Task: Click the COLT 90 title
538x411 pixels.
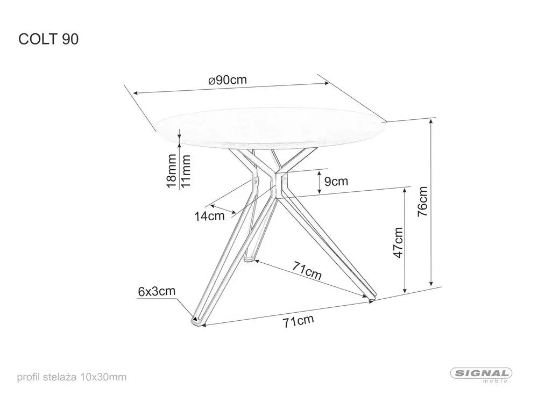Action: coord(48,40)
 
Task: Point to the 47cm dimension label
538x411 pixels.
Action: coord(397,242)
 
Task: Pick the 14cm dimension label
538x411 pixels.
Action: coord(209,216)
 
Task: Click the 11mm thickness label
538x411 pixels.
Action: coord(186,171)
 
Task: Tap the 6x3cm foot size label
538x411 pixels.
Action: coord(156,292)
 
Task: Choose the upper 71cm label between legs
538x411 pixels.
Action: coord(307,272)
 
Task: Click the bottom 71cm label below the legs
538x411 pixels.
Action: coord(299,322)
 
